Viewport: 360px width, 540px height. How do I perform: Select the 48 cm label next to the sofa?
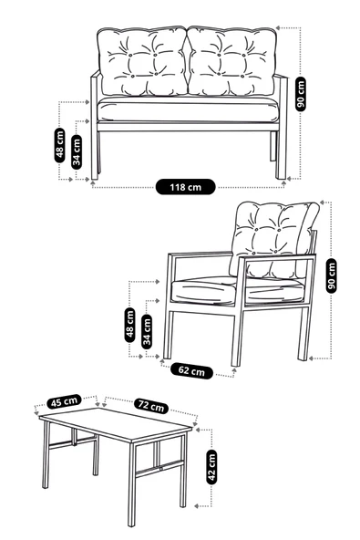click(60, 144)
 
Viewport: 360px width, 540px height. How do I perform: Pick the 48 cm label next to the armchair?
click(130, 324)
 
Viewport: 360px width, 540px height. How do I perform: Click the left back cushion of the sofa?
click(143, 62)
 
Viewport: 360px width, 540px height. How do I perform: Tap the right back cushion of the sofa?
click(232, 62)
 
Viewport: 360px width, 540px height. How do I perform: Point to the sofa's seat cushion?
click(188, 110)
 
